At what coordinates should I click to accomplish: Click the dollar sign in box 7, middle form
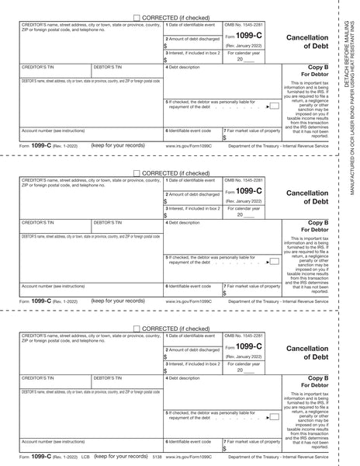[x=224, y=293]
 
